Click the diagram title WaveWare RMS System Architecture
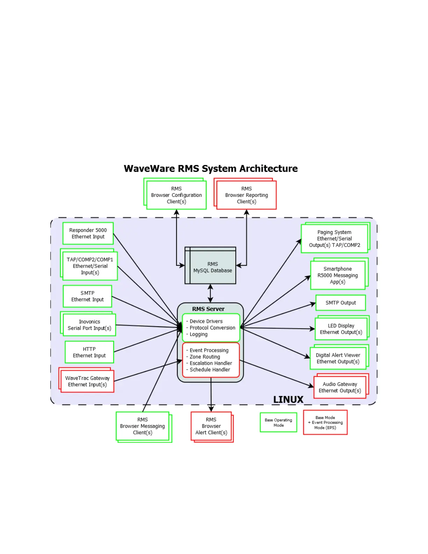211,169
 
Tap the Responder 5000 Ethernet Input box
88,233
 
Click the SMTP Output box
341,303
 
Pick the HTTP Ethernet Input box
89,352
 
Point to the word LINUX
288,399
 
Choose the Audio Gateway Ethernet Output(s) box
340,387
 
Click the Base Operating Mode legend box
278,422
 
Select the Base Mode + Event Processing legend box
325,422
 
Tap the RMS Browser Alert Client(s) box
211,426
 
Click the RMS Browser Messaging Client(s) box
142,426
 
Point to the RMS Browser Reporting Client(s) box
247,195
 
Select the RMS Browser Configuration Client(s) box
176,195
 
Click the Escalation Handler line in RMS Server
211,363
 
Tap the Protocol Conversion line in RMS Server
212,328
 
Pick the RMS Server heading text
208,309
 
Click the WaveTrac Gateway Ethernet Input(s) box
87,381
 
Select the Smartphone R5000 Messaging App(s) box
337,275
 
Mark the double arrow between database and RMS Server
210,293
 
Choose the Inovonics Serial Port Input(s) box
89,325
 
